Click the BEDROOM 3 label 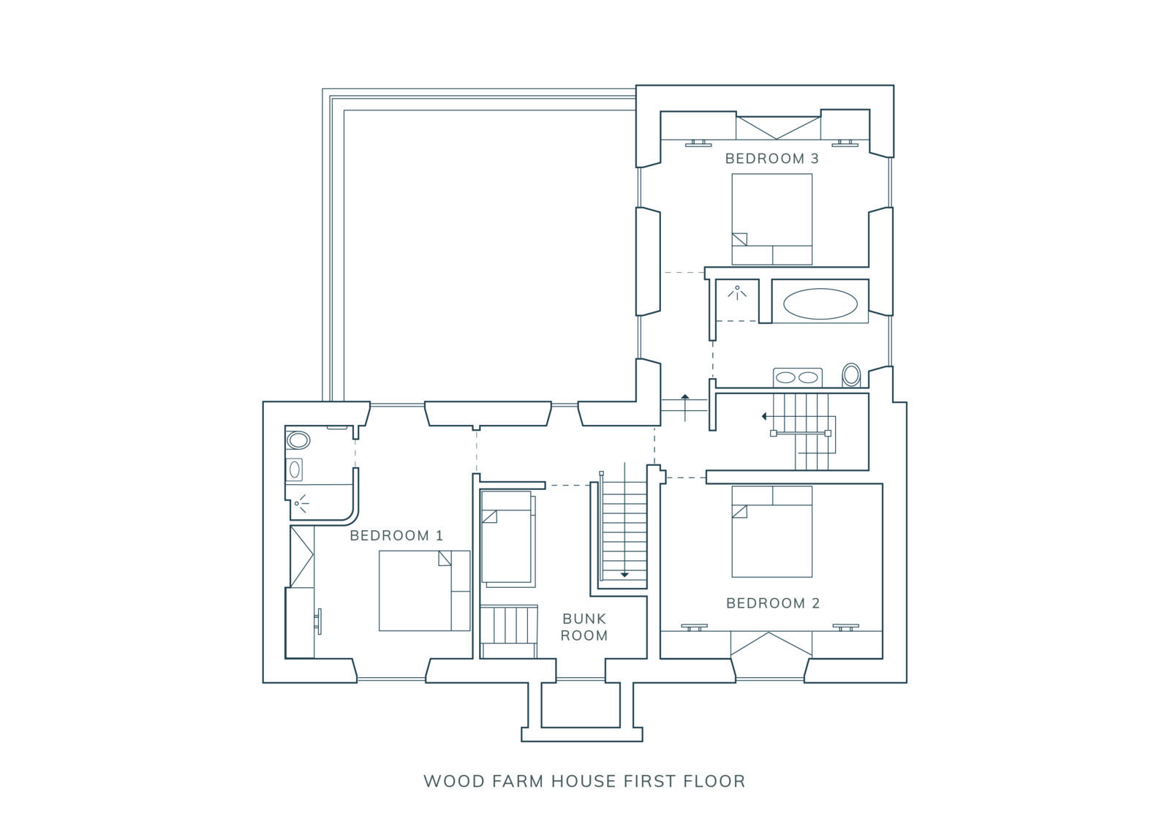pos(771,158)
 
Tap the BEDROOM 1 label pos(396,535)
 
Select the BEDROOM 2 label pos(773,603)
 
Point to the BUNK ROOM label pos(584,627)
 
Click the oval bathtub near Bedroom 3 pos(820,303)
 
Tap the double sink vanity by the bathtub pos(798,378)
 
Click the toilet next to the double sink pos(851,375)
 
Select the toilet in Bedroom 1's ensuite pos(297,440)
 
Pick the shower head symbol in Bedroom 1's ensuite pos(301,504)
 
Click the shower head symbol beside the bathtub pos(737,292)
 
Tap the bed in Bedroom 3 pos(771,219)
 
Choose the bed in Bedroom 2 pos(771,532)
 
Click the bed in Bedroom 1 pos(424,590)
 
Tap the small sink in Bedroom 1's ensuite pos(294,469)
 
